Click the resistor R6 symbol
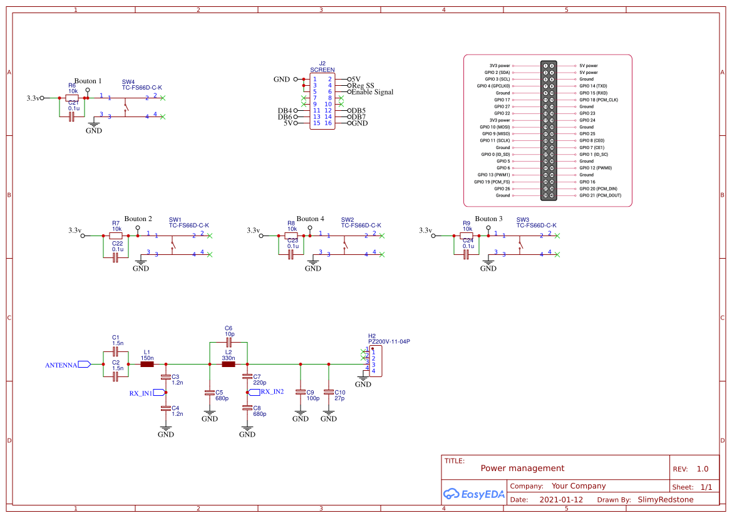point(72,98)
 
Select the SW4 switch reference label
point(128,82)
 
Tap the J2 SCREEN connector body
point(322,101)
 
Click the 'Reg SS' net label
point(363,86)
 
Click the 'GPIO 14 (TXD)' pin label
point(593,86)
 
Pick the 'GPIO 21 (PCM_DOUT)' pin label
point(600,195)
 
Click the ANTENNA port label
point(61,365)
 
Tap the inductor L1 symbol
point(147,365)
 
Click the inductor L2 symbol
point(228,365)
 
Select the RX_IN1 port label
point(141,393)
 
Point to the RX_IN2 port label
point(272,391)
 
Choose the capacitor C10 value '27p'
point(339,398)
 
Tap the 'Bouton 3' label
point(488,219)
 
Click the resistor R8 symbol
point(291,236)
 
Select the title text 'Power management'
point(522,468)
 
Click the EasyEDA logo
point(474,494)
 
